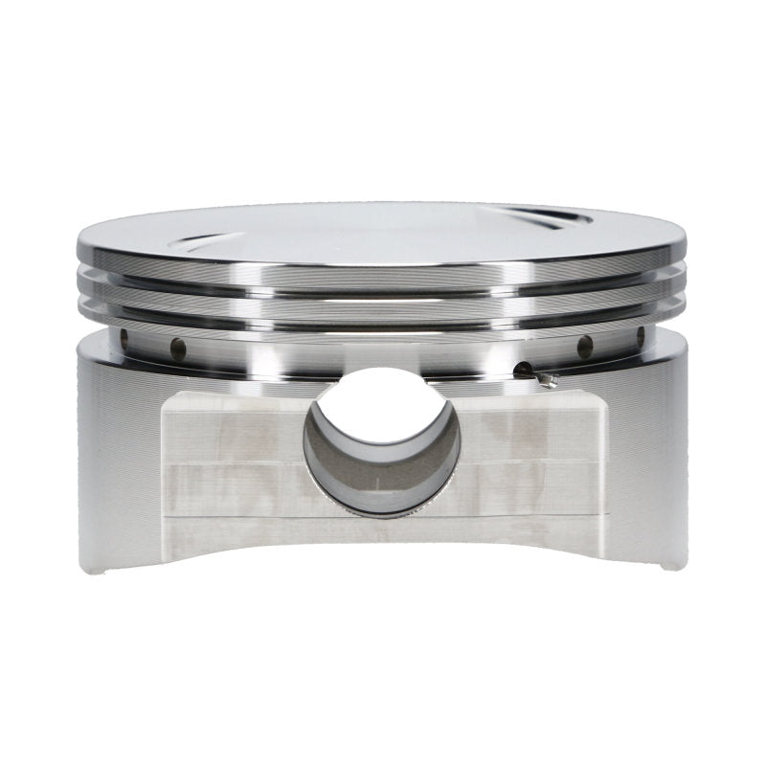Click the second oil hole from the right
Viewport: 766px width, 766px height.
[590, 345]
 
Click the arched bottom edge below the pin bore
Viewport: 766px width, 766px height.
[383, 536]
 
